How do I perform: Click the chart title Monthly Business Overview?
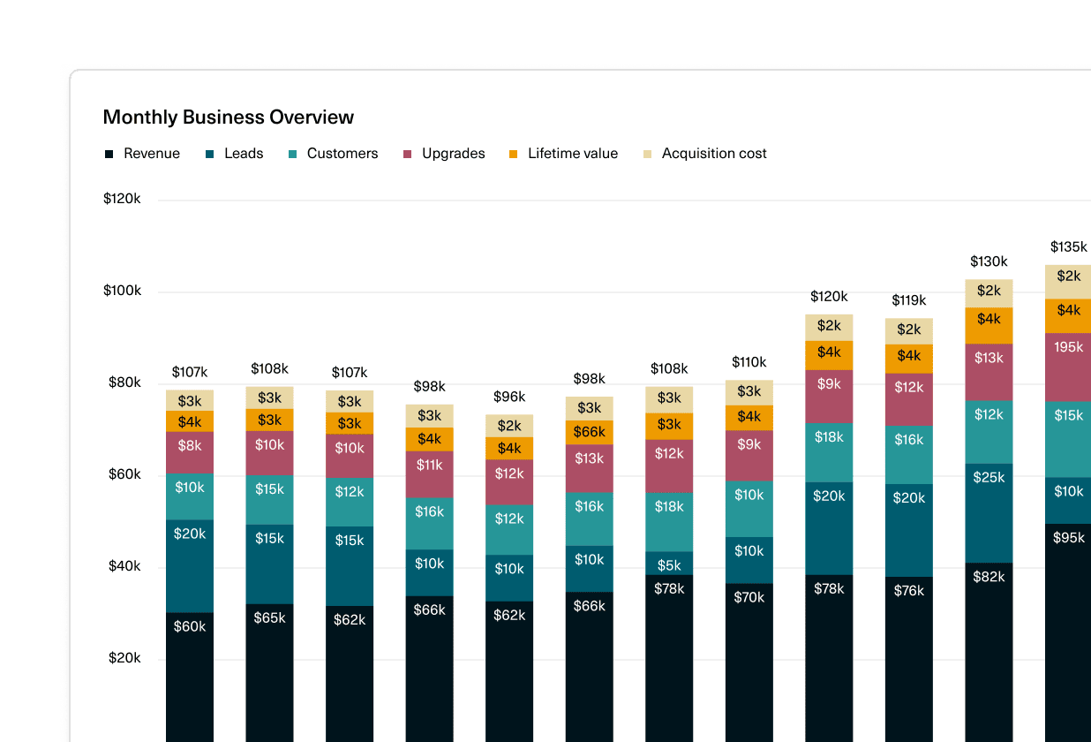[228, 117]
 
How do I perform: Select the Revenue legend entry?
[142, 154]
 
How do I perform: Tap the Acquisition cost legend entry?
[704, 154]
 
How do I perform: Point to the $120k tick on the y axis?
[122, 199]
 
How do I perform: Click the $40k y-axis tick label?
[124, 566]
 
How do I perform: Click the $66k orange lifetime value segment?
[590, 432]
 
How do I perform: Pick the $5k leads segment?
[669, 564]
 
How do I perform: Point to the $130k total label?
[989, 261]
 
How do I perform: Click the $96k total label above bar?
[509, 397]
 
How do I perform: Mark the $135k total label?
[1068, 246]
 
